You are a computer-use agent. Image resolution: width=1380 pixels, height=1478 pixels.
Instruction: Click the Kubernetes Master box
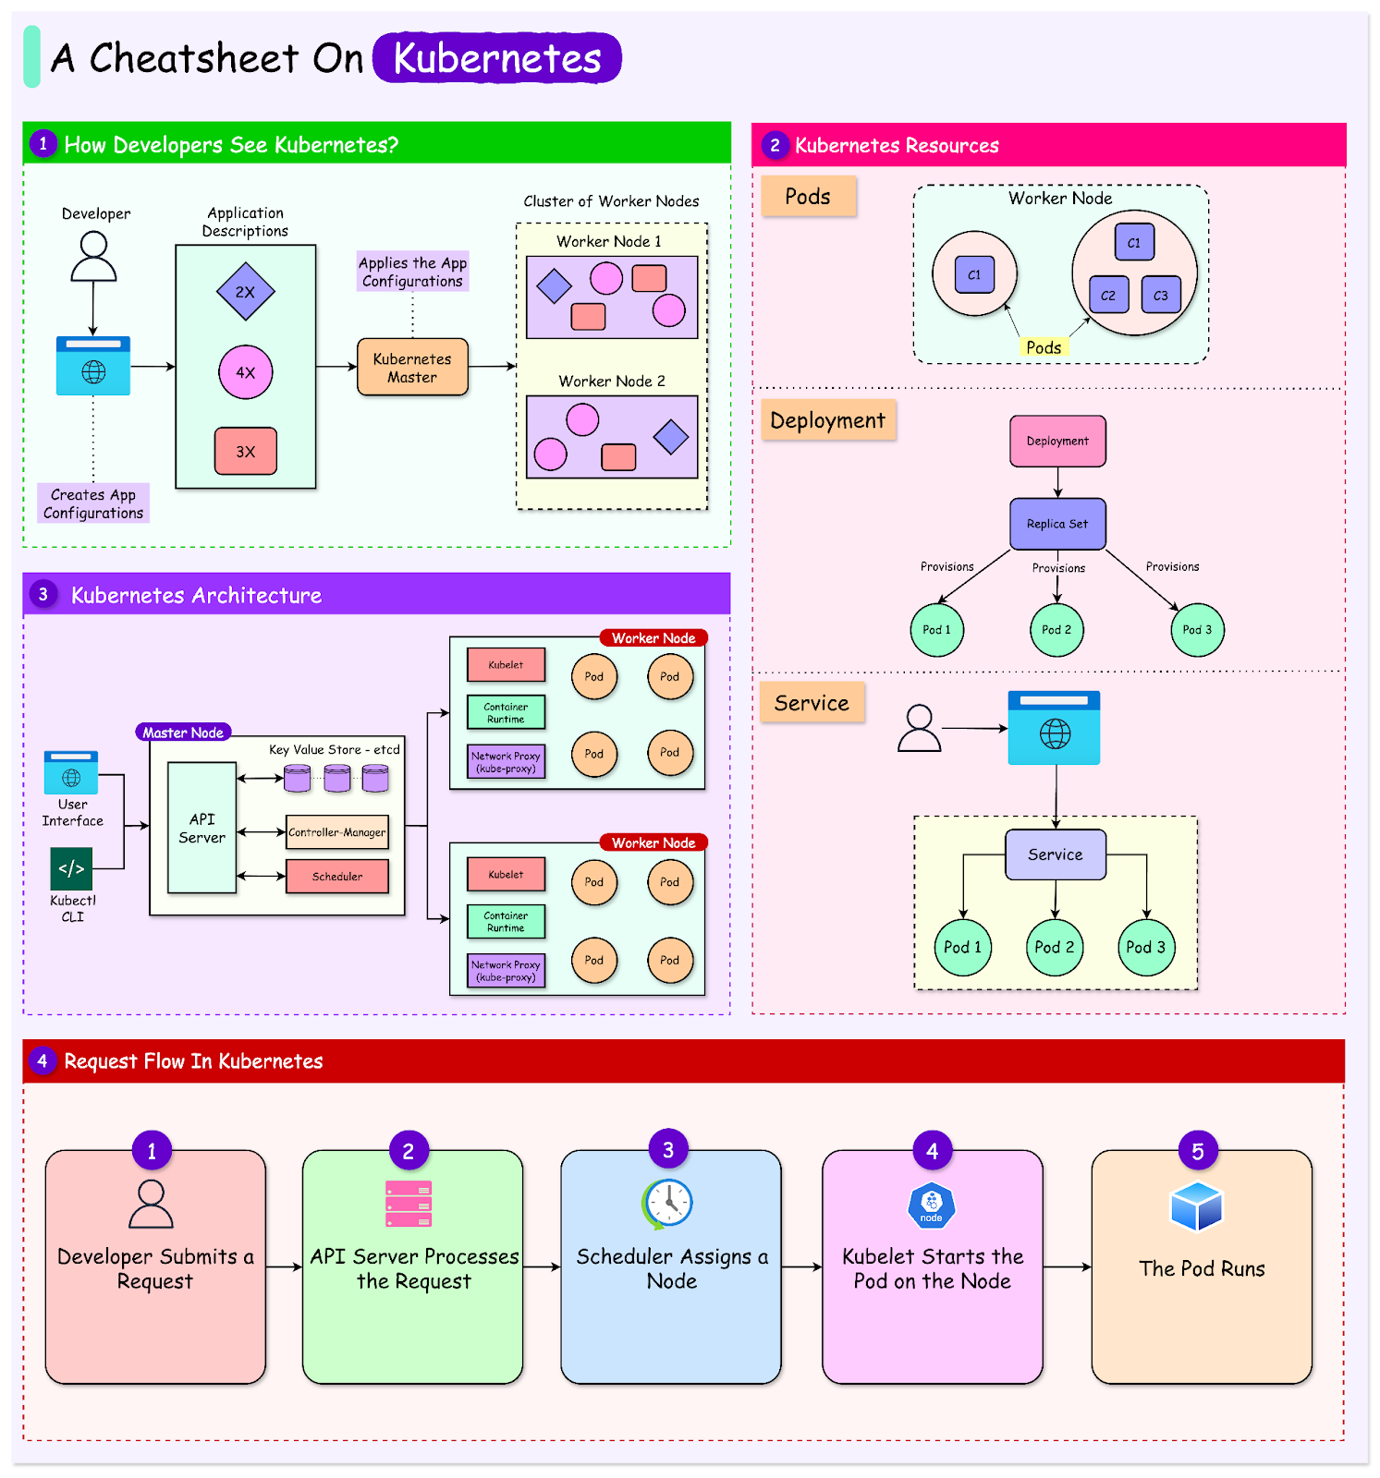(x=412, y=368)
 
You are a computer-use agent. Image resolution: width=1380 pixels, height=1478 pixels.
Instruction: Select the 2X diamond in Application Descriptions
(x=245, y=292)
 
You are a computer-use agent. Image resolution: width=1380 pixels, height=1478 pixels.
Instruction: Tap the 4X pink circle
(x=245, y=372)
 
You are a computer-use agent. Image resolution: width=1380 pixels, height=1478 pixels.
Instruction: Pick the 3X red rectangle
(x=245, y=452)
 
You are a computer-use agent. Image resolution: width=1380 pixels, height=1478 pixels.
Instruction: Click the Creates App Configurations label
(x=93, y=503)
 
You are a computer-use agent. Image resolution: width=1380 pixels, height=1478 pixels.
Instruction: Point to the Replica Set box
(x=1057, y=524)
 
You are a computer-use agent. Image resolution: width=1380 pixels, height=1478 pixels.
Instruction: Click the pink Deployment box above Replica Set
(x=1057, y=442)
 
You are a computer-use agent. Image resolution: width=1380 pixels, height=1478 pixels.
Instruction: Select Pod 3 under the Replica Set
(x=1197, y=630)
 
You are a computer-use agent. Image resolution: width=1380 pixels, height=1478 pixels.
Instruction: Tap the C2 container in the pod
(x=1108, y=296)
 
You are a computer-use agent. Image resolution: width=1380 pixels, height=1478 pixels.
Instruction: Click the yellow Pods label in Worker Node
(x=1044, y=347)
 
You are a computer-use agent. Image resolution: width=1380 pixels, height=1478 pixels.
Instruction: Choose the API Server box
(x=202, y=828)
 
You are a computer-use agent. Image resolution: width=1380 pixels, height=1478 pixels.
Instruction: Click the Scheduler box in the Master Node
(x=337, y=877)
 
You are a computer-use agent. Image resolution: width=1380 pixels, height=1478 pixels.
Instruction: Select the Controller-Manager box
(x=337, y=832)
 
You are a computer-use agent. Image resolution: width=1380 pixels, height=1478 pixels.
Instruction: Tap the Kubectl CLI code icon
(x=71, y=869)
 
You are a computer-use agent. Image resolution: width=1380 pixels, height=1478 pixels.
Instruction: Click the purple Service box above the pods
(x=1056, y=854)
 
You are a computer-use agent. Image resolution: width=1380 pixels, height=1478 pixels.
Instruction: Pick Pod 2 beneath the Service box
(x=1055, y=947)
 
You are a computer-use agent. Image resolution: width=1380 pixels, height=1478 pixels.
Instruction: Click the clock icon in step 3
(x=668, y=1204)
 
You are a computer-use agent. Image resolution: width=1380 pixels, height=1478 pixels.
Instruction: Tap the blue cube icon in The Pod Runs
(x=1197, y=1206)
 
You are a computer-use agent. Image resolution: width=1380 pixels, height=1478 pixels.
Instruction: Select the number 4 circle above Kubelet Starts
(x=932, y=1151)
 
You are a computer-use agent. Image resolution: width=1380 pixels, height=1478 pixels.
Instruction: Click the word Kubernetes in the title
(x=497, y=58)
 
